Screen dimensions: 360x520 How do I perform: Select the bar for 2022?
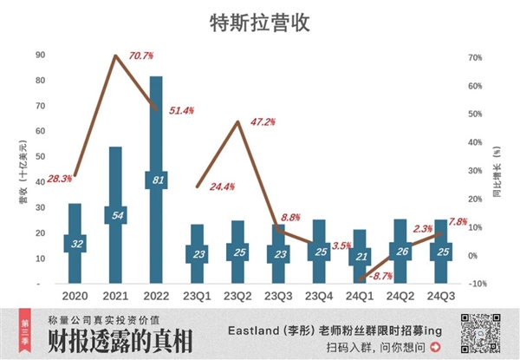pyautogui.click(x=156, y=130)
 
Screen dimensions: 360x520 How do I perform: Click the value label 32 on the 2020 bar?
pyautogui.click(x=75, y=244)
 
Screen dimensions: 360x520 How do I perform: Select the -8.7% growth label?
pyautogui.click(x=378, y=276)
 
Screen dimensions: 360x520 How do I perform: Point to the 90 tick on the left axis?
pyautogui.click(x=41, y=55)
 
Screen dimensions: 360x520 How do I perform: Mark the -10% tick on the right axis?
pyautogui.click(x=473, y=284)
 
